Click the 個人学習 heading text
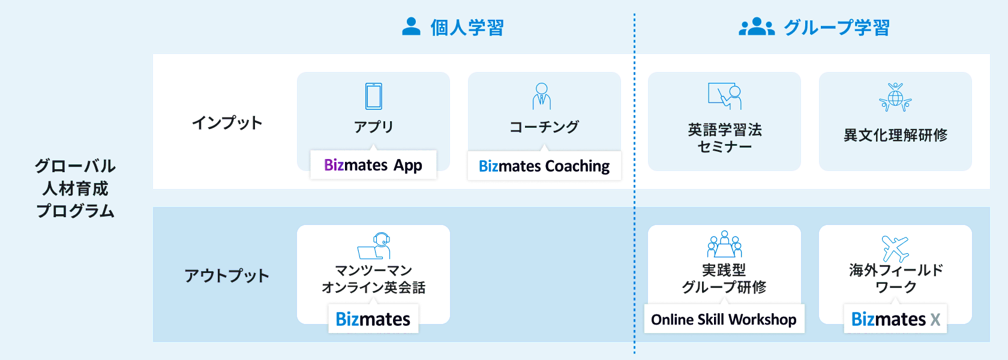coord(467,28)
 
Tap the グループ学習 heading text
coord(836,28)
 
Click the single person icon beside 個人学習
coord(411,26)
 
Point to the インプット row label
coord(227,123)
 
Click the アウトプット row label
coord(227,276)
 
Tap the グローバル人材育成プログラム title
coord(75,188)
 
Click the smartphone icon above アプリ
coord(373,96)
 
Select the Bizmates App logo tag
coord(373,165)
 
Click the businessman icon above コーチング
coord(542,96)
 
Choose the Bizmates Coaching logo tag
coord(544,166)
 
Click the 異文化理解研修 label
coord(895,135)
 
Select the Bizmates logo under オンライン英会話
coord(373,319)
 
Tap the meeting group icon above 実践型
coord(724,244)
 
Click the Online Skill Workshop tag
coord(724,319)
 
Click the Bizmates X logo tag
coord(895,319)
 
